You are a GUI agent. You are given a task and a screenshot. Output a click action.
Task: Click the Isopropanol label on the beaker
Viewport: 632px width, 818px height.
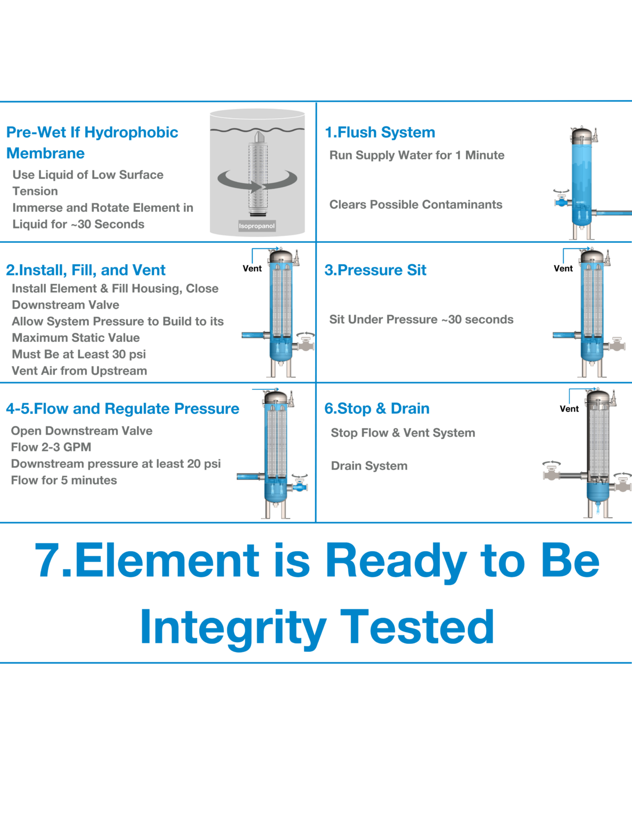point(257,226)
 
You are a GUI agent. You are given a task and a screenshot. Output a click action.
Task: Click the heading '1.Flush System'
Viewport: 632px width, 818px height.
point(380,132)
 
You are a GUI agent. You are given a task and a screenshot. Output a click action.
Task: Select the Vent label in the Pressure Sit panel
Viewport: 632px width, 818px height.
point(563,268)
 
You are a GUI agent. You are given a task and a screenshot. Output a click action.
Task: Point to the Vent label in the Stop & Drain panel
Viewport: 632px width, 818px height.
point(569,408)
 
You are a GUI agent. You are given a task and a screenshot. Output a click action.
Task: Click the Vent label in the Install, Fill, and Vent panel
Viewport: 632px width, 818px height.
point(252,268)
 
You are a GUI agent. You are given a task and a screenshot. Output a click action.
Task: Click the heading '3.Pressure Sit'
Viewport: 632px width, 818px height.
point(375,270)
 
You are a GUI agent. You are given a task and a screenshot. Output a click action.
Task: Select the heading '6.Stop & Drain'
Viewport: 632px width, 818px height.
point(376,408)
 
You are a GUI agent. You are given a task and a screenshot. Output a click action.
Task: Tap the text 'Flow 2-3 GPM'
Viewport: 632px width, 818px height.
point(51,447)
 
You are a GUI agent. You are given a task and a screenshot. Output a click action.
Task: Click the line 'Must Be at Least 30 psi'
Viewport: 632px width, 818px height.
point(79,354)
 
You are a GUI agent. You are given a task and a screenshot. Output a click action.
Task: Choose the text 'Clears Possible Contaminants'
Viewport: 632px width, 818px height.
point(415,204)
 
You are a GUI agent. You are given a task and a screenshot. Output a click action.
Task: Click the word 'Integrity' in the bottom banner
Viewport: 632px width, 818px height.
point(233,627)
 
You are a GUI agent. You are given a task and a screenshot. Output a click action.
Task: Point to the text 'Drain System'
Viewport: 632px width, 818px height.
point(369,466)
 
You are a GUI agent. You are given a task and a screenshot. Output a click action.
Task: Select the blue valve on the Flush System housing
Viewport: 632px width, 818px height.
point(562,202)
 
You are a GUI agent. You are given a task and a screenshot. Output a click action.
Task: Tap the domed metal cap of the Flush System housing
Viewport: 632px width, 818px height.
point(581,134)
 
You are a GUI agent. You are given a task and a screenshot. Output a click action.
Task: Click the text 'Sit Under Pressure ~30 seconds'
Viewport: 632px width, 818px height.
point(421,320)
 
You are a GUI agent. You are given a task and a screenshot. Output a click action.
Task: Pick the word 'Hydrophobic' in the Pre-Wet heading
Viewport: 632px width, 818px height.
point(131,132)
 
